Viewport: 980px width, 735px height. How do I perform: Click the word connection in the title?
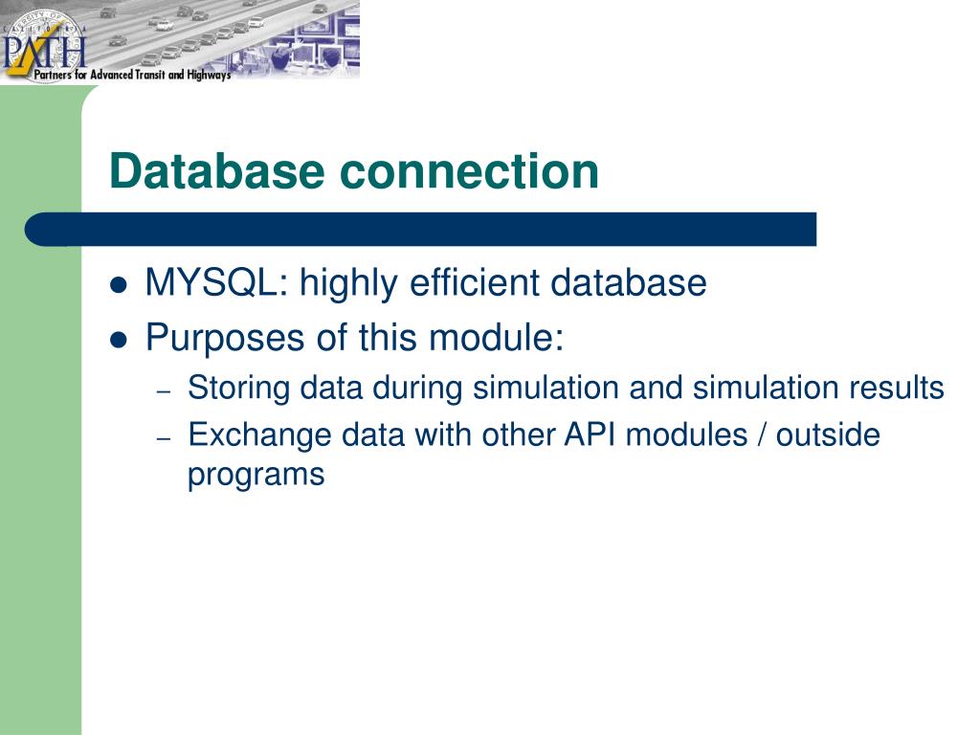tap(466, 171)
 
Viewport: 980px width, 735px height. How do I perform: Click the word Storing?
tap(238, 388)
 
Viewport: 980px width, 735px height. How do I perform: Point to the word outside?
tap(828, 435)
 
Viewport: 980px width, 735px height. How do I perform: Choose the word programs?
tap(256, 475)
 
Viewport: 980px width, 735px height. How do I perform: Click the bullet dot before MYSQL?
tap(120, 285)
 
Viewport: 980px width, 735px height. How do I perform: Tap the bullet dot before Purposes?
tap(120, 339)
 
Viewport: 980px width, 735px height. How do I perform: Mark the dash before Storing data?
tap(164, 391)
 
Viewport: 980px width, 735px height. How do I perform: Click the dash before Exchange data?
tap(164, 438)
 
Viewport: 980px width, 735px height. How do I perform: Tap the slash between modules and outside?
tap(761, 435)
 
